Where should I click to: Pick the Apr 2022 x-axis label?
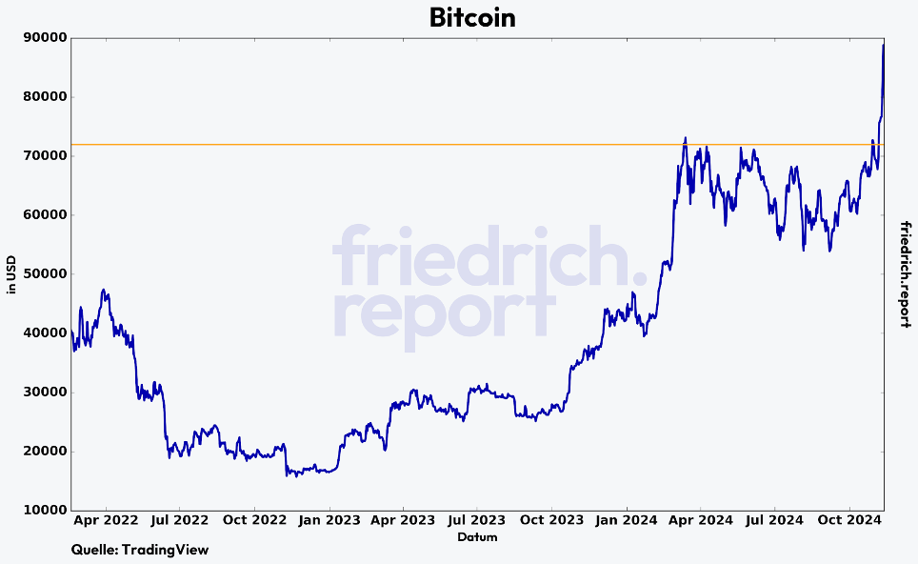[x=105, y=521]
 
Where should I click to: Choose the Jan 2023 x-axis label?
[x=329, y=521]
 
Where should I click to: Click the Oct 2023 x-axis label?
[x=552, y=521]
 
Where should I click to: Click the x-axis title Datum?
[x=477, y=537]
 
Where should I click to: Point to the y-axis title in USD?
[x=11, y=274]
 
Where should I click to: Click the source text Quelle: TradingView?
[x=140, y=550]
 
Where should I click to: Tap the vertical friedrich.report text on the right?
[x=906, y=274]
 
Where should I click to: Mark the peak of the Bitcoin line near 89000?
[x=883, y=45]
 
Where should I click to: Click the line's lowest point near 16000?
[x=287, y=473]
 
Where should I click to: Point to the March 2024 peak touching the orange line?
[x=685, y=139]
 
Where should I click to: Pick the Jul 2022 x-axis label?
[x=179, y=521]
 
